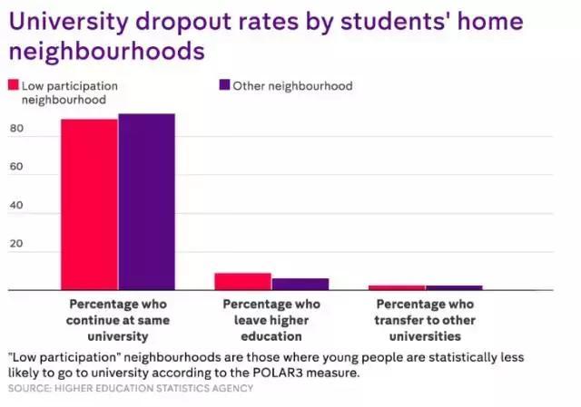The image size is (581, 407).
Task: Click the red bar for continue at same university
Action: click(89, 204)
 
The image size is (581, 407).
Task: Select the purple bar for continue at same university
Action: click(146, 201)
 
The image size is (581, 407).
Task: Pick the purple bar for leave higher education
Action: click(300, 284)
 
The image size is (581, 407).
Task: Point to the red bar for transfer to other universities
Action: click(397, 287)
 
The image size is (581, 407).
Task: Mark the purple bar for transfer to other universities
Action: click(454, 287)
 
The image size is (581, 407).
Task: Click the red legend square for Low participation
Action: click(14, 86)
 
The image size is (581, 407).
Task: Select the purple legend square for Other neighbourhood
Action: click(223, 86)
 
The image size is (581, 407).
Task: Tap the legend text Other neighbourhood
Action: click(292, 86)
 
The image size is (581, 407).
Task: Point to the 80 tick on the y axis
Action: click(15, 129)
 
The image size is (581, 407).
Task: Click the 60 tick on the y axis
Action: click(15, 168)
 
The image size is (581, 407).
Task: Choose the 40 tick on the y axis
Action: click(15, 206)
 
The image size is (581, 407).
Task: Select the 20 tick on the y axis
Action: click(15, 245)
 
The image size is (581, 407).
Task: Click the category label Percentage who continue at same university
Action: click(118, 320)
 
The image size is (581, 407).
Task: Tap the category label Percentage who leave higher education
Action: click(271, 320)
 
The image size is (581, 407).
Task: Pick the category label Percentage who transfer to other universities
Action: click(425, 320)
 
